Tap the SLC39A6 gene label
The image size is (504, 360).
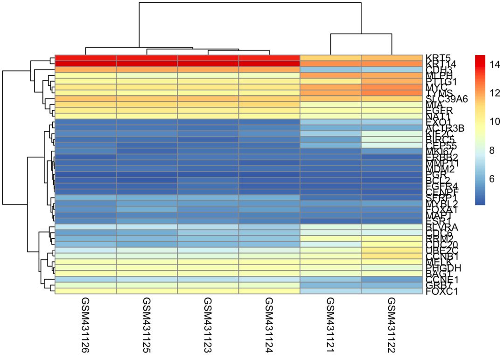click(x=446, y=99)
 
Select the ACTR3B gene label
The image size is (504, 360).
click(x=444, y=128)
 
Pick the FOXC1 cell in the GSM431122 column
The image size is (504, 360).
click(x=391, y=291)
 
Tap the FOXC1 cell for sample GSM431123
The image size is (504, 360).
click(x=208, y=291)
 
